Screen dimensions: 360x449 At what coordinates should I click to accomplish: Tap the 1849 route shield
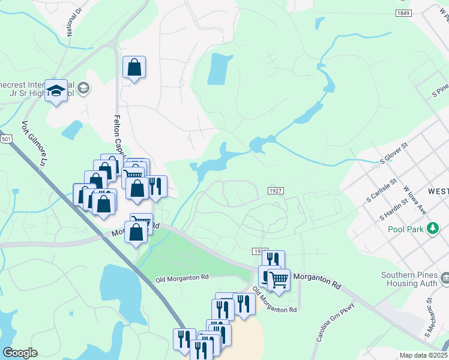(x=403, y=13)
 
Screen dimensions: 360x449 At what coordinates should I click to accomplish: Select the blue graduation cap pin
(x=56, y=91)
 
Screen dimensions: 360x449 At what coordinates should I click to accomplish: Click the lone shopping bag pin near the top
(x=134, y=67)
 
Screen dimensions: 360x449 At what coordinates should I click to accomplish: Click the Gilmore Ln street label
(x=34, y=146)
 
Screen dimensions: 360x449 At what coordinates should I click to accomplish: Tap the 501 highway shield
(x=5, y=139)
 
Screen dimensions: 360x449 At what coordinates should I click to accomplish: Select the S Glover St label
(x=394, y=154)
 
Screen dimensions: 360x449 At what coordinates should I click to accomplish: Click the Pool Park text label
(x=405, y=229)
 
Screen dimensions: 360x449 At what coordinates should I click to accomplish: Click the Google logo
(x=20, y=353)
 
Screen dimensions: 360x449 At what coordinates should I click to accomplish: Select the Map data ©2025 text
(x=424, y=355)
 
